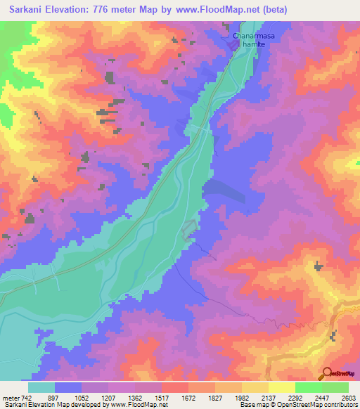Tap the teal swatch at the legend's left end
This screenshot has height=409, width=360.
(41, 387)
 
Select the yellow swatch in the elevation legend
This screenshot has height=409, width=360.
(282, 387)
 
